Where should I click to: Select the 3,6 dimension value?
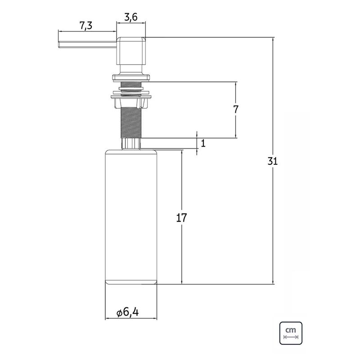[130, 18]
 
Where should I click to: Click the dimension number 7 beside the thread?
[236, 109]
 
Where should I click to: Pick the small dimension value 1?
[203, 144]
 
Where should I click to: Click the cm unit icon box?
[291, 333]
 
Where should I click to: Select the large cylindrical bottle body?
[130, 216]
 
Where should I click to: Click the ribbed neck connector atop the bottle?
[131, 144]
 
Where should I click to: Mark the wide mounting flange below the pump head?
[131, 95]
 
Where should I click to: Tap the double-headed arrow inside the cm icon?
[291, 337]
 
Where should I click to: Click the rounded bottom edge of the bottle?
[130, 282]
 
